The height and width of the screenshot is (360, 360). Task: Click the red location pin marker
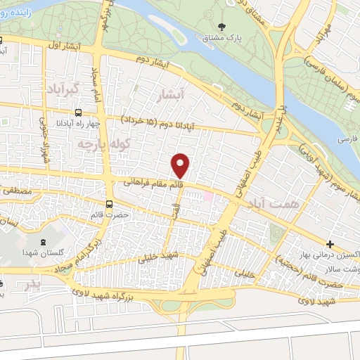click(181, 166)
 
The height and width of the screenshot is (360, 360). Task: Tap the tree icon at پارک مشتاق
click(222, 25)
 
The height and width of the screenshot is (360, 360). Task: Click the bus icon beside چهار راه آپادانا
click(77, 112)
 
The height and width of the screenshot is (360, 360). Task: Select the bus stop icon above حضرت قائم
click(107, 202)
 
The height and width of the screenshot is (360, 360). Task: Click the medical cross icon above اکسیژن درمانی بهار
click(330, 244)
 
